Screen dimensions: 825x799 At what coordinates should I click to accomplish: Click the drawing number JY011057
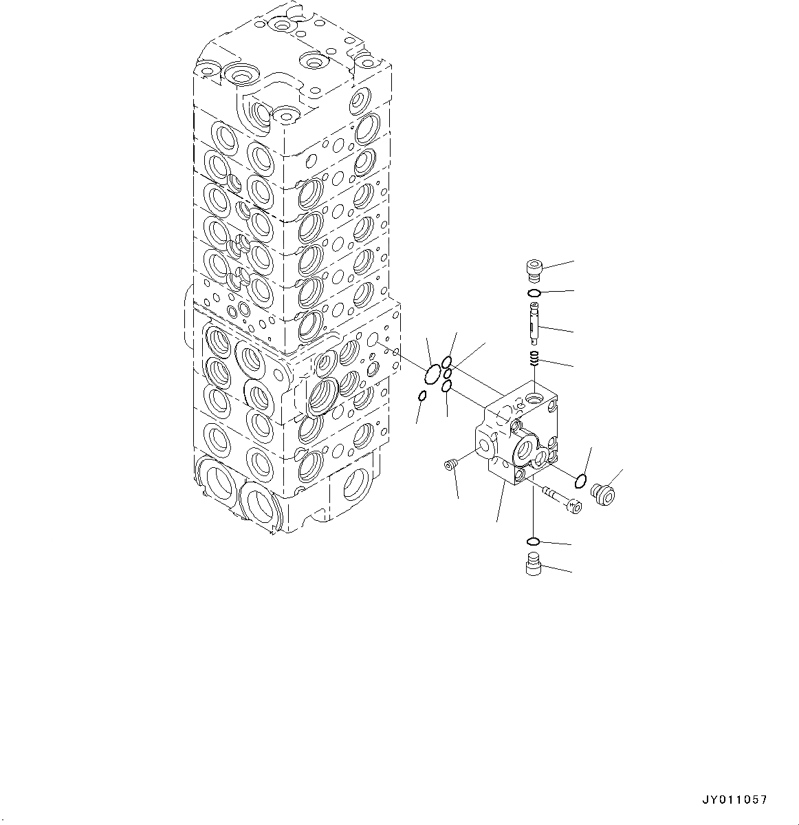click(734, 800)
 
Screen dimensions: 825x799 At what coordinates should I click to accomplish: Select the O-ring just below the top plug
click(534, 294)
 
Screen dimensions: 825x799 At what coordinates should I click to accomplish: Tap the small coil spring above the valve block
click(534, 358)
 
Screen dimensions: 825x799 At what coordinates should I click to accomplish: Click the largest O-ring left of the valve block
click(432, 376)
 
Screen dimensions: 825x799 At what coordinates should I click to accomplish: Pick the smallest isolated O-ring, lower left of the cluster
click(423, 396)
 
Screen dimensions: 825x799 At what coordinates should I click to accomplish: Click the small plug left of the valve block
click(451, 467)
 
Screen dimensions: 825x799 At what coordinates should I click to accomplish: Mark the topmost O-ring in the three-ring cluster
click(447, 362)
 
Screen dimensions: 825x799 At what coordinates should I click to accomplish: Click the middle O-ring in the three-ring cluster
click(448, 374)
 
